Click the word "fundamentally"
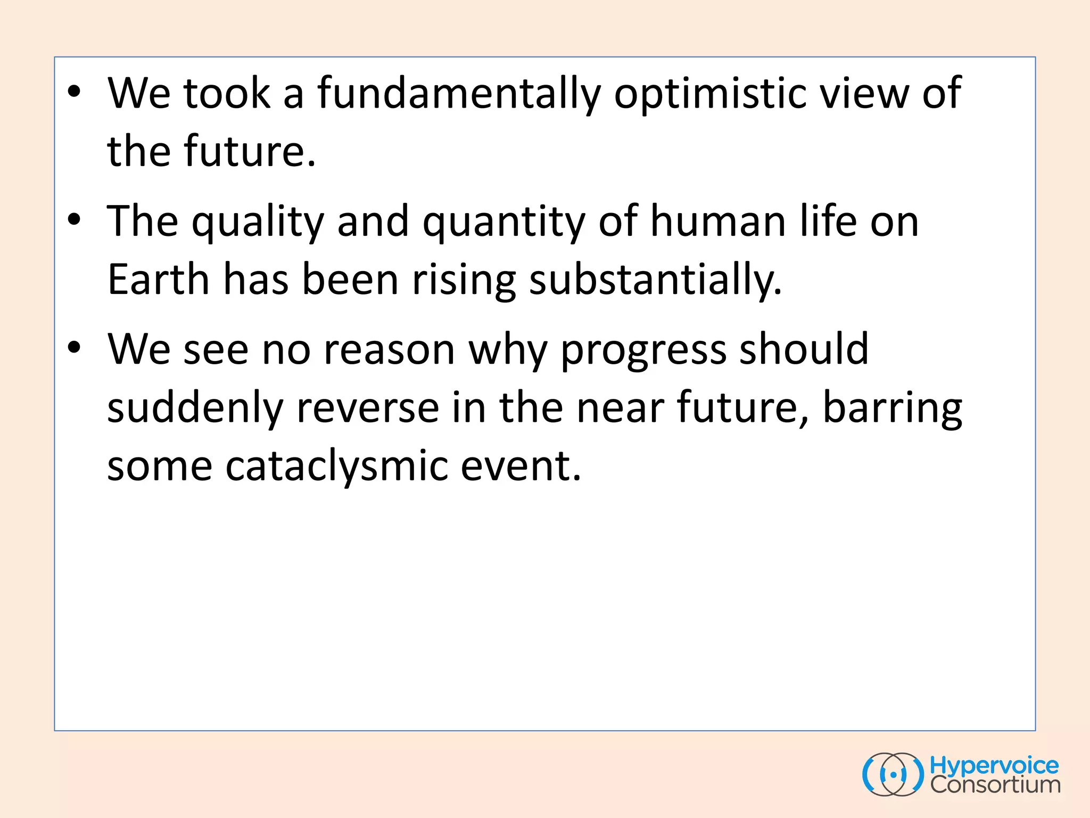459,94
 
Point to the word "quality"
258,222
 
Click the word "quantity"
503,222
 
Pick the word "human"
719,222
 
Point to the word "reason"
389,350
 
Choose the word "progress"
643,350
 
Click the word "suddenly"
195,408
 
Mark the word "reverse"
368,408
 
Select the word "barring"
893,408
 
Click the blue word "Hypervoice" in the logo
994,766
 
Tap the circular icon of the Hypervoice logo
893,774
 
